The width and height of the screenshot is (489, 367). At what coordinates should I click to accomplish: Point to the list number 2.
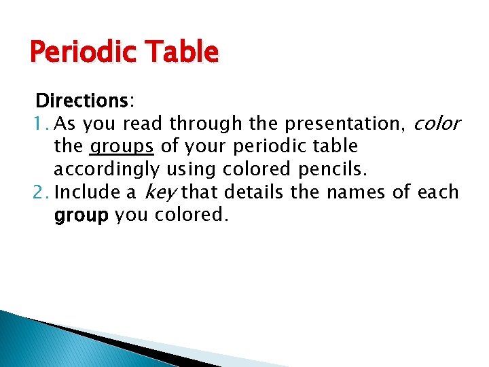(40, 192)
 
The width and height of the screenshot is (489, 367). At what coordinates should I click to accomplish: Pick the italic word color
(437, 124)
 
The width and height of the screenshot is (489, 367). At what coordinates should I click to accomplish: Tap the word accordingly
(106, 169)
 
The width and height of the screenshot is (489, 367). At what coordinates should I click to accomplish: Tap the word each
(438, 192)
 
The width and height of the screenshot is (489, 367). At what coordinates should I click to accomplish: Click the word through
(205, 124)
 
